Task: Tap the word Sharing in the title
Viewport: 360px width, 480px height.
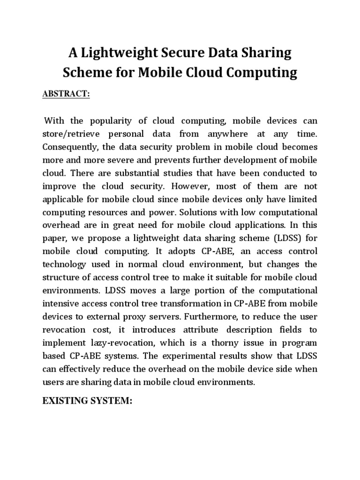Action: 265,53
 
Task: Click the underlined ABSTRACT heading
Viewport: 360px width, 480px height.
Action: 66,94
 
